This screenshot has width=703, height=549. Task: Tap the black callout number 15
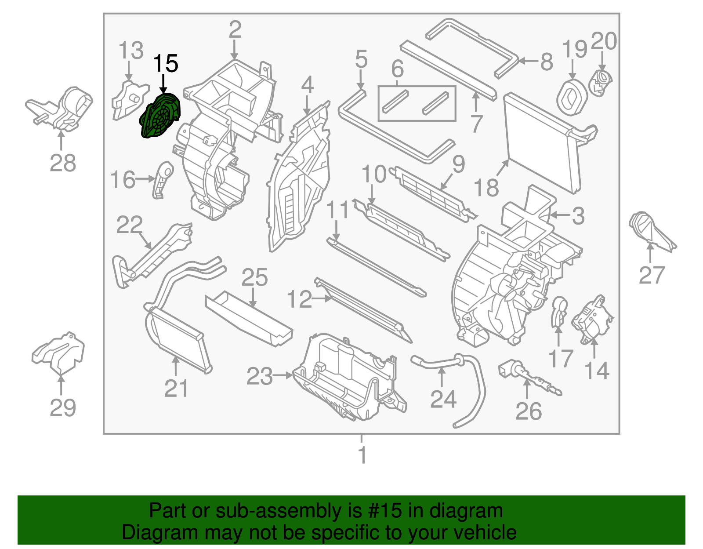[165, 64]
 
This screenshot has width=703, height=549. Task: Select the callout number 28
[62, 164]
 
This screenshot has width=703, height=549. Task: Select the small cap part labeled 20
[601, 81]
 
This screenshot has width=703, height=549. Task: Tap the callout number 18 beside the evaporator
[486, 188]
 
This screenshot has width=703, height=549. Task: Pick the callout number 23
[259, 376]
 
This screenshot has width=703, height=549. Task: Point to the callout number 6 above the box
[397, 69]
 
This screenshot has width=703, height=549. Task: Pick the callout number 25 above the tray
[254, 277]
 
